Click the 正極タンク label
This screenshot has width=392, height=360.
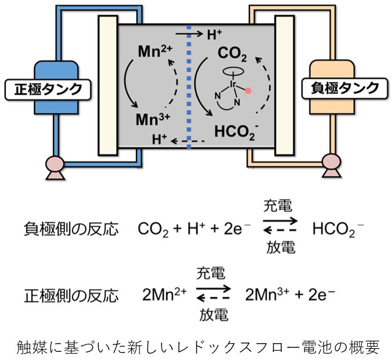click(x=48, y=89)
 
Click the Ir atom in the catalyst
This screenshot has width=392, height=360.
click(x=232, y=85)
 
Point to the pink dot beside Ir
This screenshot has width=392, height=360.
click(x=248, y=91)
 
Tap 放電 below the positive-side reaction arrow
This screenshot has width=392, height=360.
click(x=213, y=315)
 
